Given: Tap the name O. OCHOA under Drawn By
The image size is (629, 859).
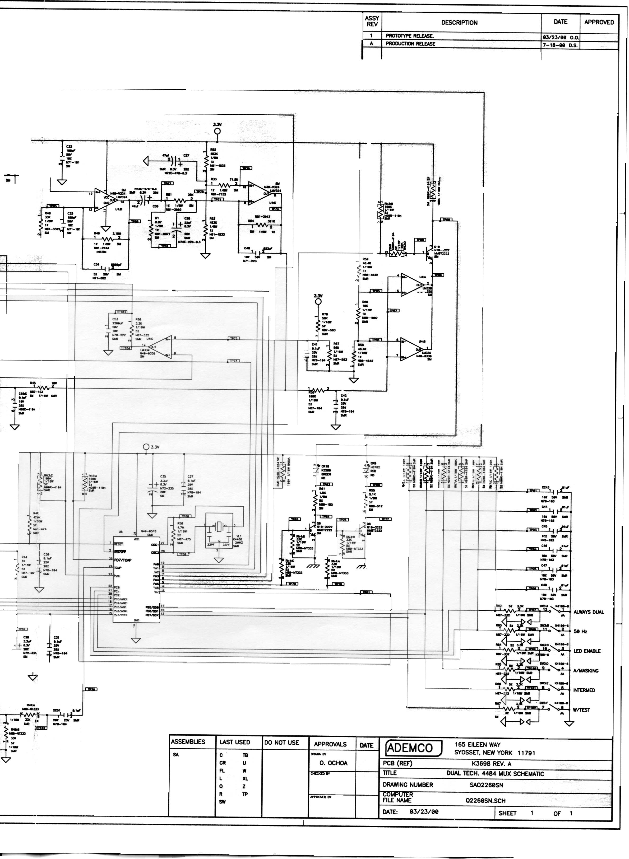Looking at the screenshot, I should (333, 763).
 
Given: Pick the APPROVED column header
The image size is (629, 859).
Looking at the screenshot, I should (599, 22).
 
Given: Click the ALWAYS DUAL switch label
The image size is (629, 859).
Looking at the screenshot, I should (589, 612).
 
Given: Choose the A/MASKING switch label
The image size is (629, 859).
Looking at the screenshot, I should (586, 671).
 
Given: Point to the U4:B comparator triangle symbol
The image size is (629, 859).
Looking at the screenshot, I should (411, 349).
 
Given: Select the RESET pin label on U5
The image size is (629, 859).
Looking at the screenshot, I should (118, 544).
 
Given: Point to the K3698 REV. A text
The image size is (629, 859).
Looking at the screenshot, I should (491, 763).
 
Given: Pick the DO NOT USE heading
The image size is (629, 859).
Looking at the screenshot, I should (281, 743).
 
